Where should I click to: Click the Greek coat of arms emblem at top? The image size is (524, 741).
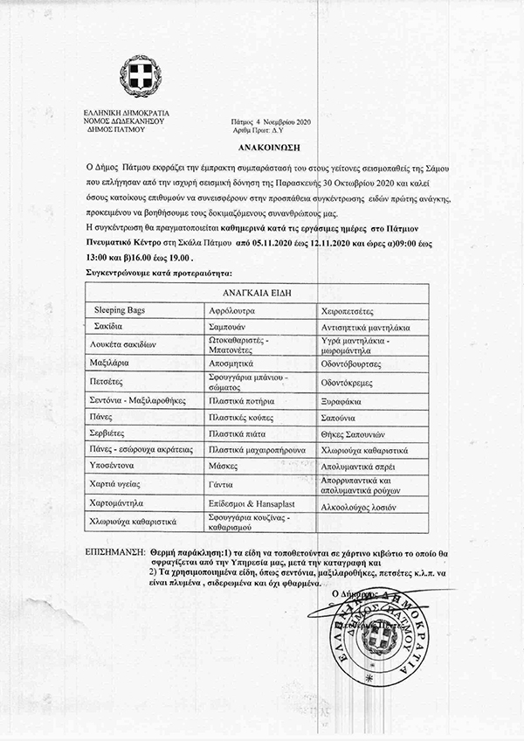click(x=137, y=76)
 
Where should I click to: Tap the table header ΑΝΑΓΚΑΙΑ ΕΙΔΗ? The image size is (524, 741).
click(x=261, y=293)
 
